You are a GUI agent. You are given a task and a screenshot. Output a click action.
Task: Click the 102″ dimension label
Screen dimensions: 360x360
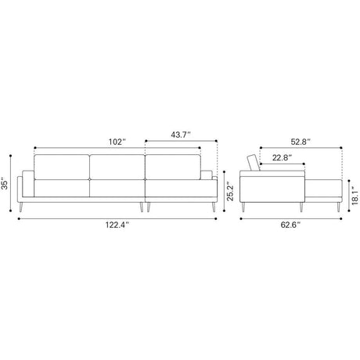117,142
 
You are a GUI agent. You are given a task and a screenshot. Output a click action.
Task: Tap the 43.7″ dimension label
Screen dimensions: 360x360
181,135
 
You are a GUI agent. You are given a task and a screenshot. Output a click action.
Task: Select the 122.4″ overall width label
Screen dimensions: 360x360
117,225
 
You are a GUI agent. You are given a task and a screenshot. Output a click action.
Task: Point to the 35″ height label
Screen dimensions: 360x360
5,183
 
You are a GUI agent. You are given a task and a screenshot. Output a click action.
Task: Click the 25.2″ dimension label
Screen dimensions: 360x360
230,191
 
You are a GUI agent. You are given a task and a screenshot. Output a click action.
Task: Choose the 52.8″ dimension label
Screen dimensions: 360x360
301,142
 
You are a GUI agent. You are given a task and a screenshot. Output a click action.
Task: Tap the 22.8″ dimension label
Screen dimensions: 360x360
282,157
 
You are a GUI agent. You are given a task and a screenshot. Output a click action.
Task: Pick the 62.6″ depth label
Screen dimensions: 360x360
290,225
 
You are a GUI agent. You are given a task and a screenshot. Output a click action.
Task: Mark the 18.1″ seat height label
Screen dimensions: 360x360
355,196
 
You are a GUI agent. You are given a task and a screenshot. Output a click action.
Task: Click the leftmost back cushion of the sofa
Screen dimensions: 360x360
62,167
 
